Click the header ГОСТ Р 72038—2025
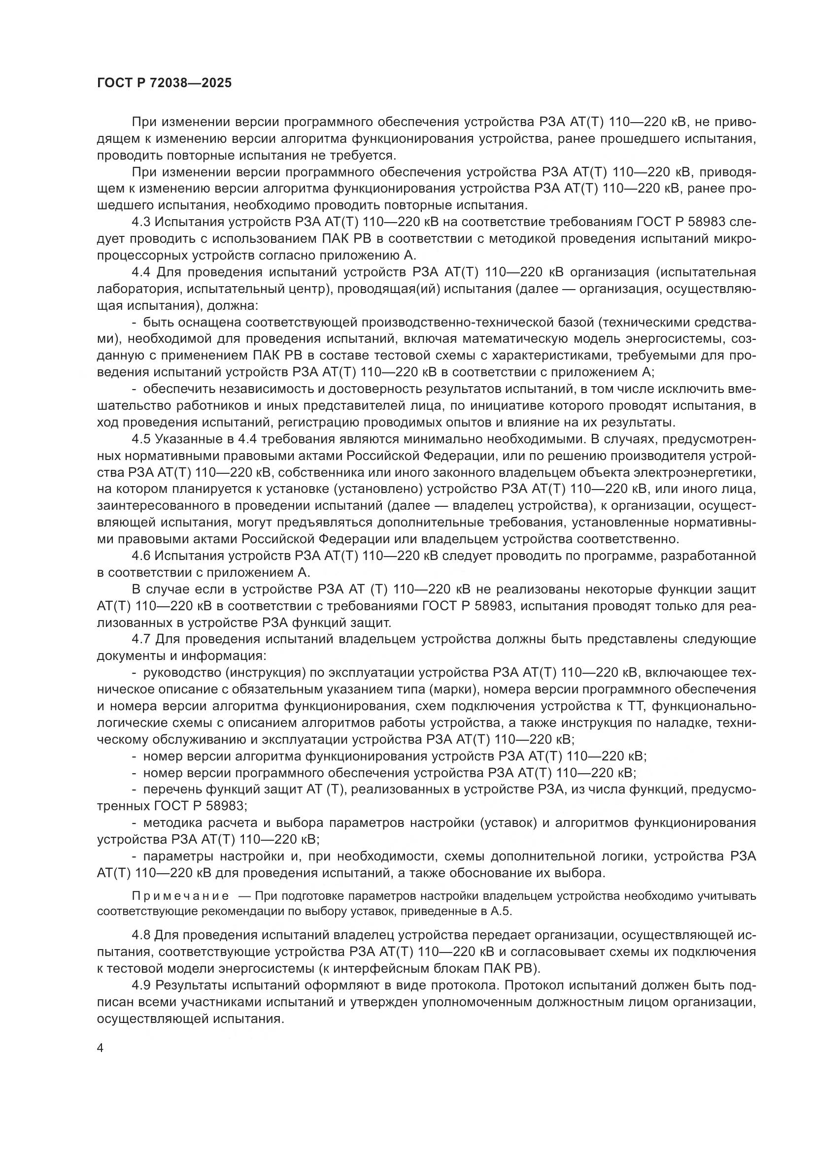(x=164, y=83)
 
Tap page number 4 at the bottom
(x=101, y=1048)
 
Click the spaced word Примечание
(x=180, y=896)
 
